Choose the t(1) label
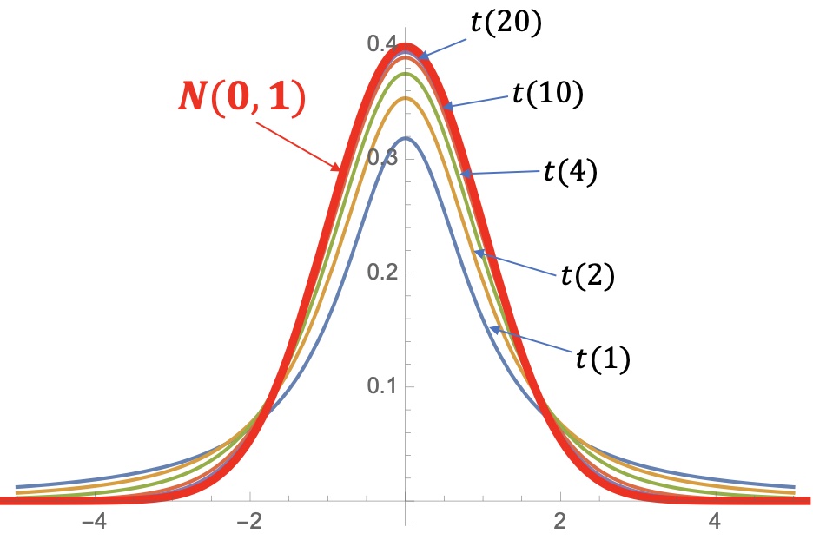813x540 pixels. click(603, 357)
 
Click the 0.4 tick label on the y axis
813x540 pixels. click(380, 44)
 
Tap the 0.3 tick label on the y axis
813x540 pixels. click(380, 159)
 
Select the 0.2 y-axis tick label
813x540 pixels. click(380, 273)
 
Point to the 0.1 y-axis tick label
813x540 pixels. click(380, 386)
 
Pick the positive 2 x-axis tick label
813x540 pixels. click(560, 524)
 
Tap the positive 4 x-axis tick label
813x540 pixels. click(715, 524)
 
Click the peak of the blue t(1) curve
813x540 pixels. click(405, 138)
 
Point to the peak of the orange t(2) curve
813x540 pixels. click(405, 98)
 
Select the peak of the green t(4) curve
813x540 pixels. click(405, 74)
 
